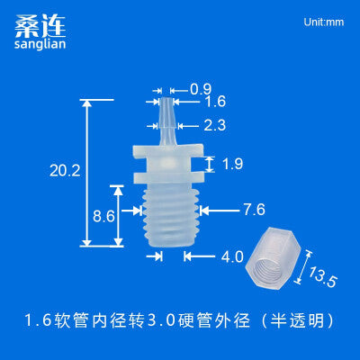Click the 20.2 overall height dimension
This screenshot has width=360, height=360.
pos(65,171)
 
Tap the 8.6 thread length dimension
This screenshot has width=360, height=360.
pos(103,216)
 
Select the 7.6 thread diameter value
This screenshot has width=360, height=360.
pos(254,210)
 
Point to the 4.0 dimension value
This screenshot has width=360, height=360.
pos(232,256)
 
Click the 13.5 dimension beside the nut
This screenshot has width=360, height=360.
pos(322,277)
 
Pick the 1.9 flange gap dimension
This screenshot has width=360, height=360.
pos(232,164)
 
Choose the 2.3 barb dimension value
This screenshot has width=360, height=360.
pos(215,125)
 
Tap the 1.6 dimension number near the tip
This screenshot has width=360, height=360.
pos(215,102)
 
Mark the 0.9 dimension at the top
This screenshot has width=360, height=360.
pos(201,89)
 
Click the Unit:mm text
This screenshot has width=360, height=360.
pos(324,22)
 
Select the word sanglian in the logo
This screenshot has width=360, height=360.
pos(40,44)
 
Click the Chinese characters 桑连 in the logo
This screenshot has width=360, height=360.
pos(40,26)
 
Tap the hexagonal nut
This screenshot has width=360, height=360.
pos(273,258)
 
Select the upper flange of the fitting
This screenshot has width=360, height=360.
pos(168,151)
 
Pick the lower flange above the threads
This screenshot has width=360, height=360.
pos(168,177)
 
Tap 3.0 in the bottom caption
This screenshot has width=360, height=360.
pos(162,320)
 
